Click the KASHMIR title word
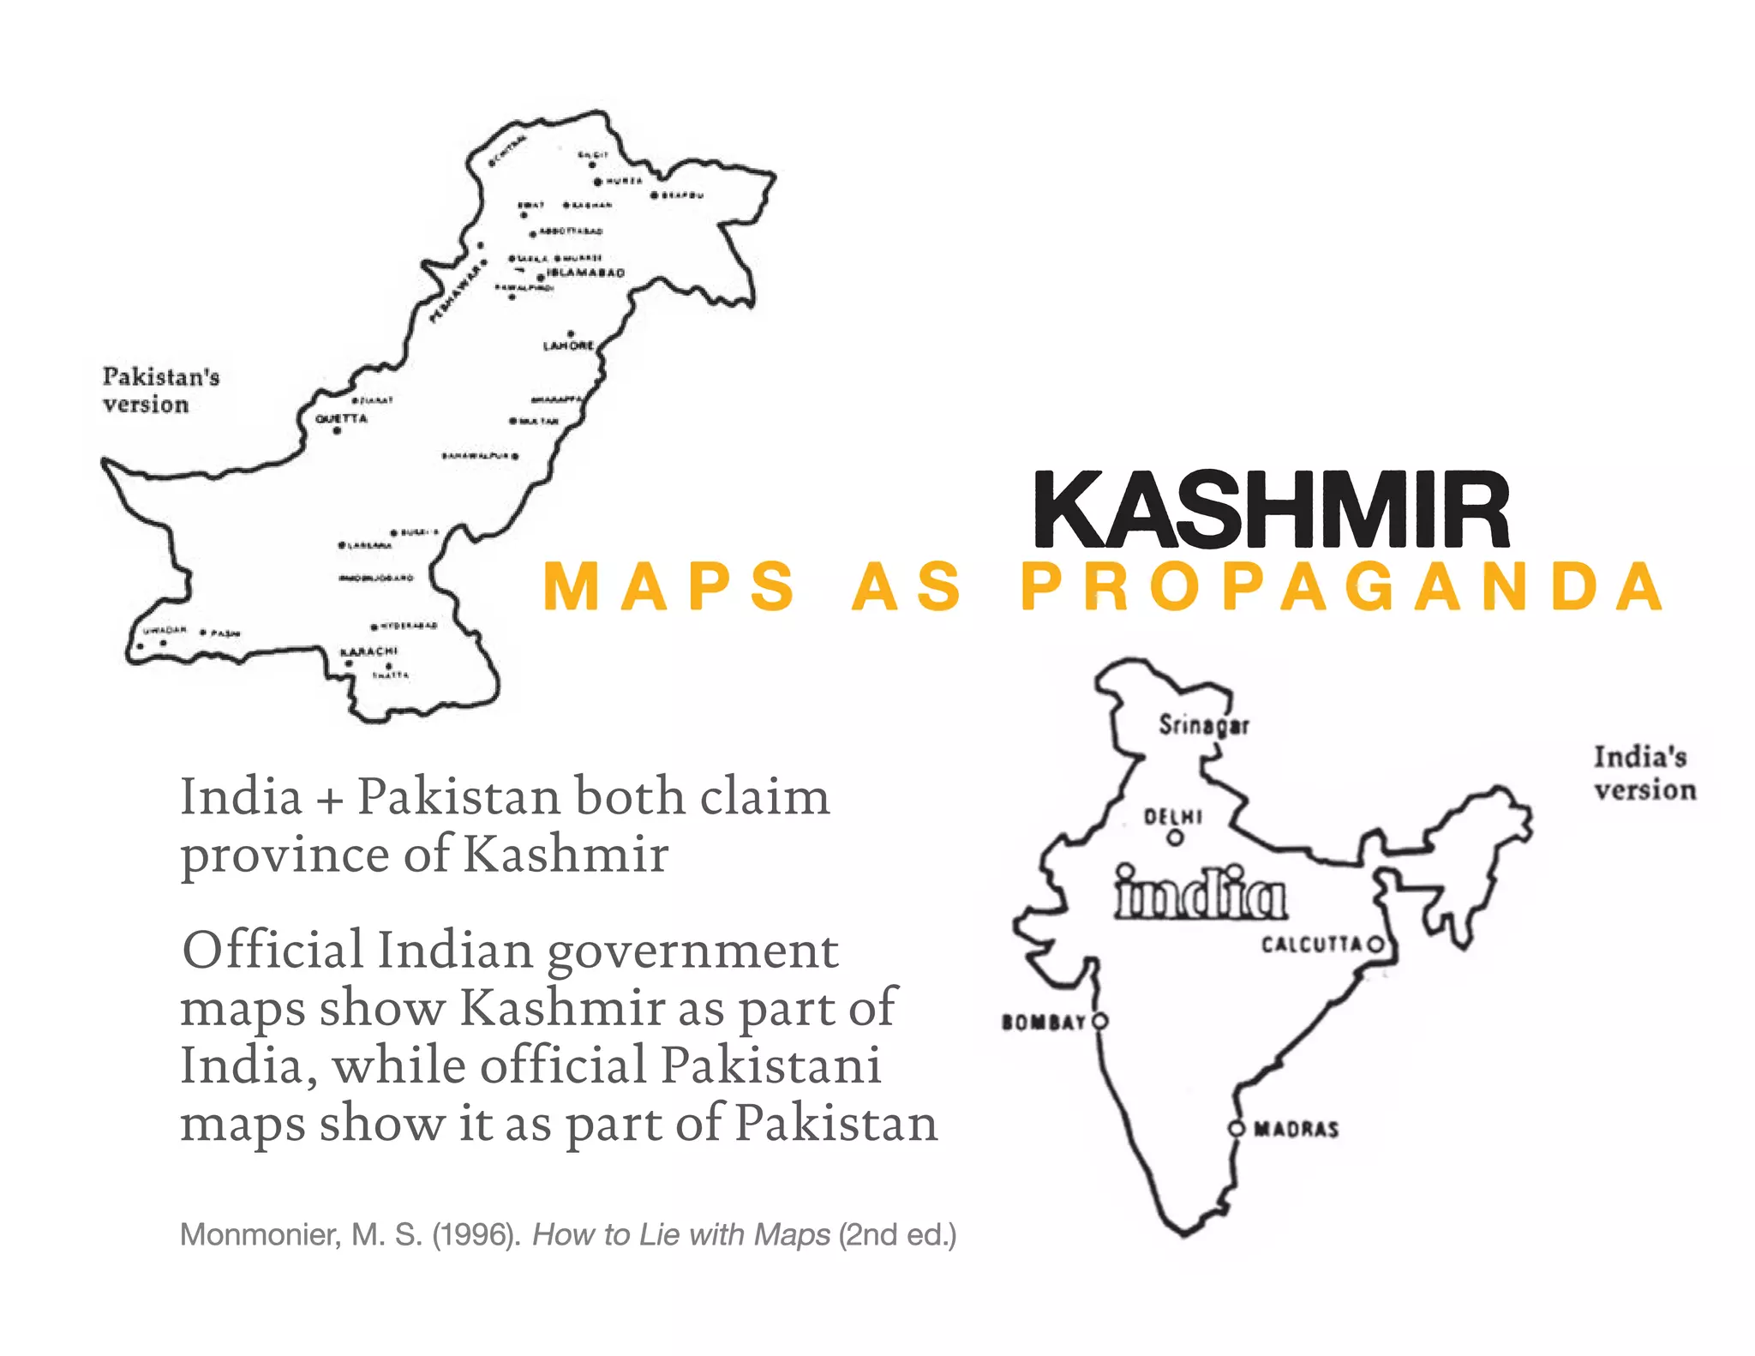coord(1271,510)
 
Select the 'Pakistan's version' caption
coord(160,390)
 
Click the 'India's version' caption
coord(1644,773)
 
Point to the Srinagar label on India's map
coord(1203,725)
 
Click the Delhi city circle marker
coord(1175,837)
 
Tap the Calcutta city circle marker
coord(1375,945)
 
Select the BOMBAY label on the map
coord(1043,1022)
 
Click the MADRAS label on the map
coord(1296,1129)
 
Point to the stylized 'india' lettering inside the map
coord(1199,893)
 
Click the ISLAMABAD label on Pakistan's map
coord(585,273)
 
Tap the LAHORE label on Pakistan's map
coord(567,345)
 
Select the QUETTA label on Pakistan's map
coord(341,418)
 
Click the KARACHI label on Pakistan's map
coord(368,651)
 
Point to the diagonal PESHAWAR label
coord(455,292)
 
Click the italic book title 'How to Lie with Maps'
coord(680,1234)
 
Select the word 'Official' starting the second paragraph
coord(273,950)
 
